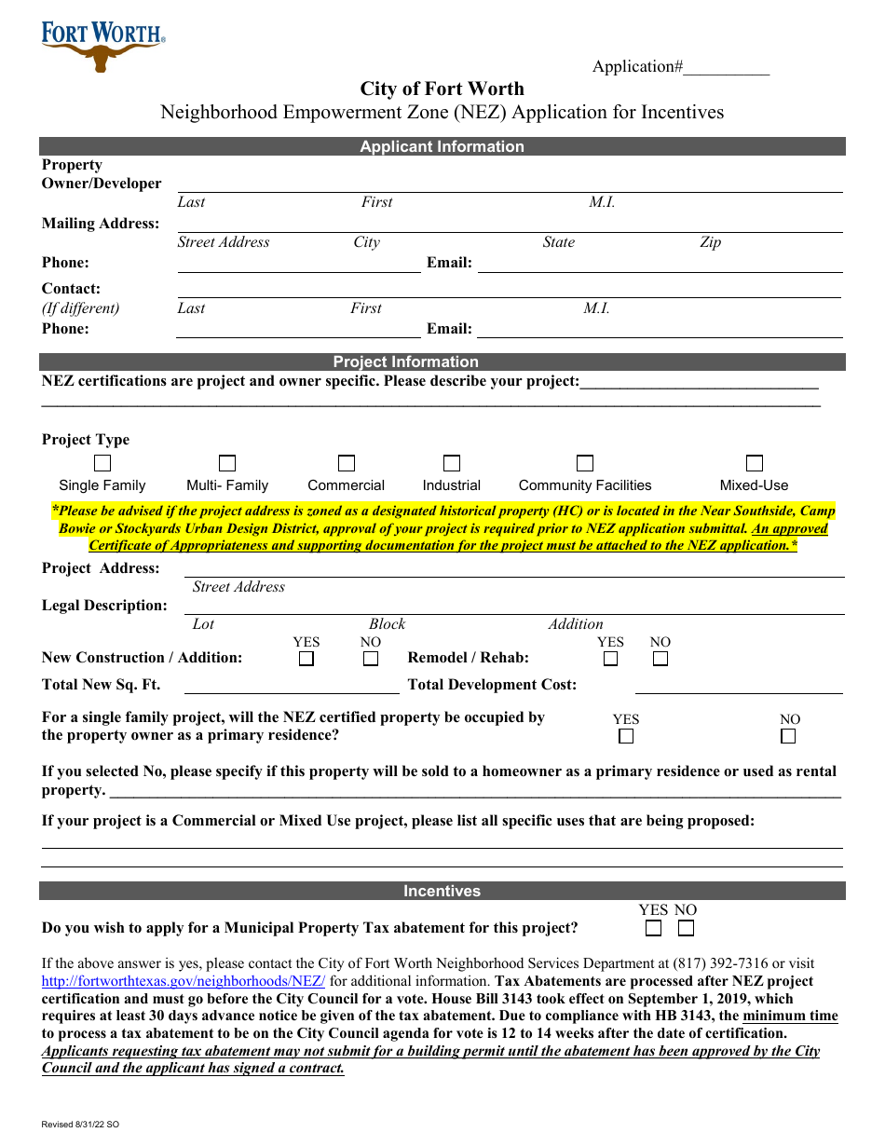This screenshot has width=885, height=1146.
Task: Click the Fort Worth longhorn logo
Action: [x=102, y=48]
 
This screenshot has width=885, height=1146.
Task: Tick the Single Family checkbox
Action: [x=102, y=463]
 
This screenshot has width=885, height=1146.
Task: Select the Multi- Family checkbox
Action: [x=227, y=463]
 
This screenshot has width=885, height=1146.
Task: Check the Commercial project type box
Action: [x=347, y=463]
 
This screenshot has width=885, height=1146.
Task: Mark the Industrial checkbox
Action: [x=452, y=463]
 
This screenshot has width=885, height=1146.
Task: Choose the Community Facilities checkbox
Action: [x=585, y=463]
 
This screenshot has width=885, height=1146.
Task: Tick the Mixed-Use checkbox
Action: [x=755, y=463]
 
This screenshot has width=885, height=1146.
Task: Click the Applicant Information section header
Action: [x=442, y=146]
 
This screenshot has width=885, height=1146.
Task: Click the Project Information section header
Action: [x=442, y=362]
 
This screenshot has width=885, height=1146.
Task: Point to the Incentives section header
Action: [x=442, y=892]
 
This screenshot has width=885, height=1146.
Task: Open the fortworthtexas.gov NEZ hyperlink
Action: [x=184, y=981]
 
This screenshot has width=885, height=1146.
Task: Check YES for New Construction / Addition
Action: [x=306, y=659]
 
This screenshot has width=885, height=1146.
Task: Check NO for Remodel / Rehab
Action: [x=660, y=659]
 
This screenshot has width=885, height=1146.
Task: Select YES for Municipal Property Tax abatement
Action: [x=654, y=928]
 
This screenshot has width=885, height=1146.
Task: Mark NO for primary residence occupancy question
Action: [x=789, y=736]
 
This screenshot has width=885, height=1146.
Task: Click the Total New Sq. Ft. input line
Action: [x=292, y=687]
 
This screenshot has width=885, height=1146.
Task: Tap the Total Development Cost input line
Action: [x=739, y=687]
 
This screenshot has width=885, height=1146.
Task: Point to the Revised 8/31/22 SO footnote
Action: [x=80, y=1125]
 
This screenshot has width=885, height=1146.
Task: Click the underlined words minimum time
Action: [x=790, y=1016]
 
